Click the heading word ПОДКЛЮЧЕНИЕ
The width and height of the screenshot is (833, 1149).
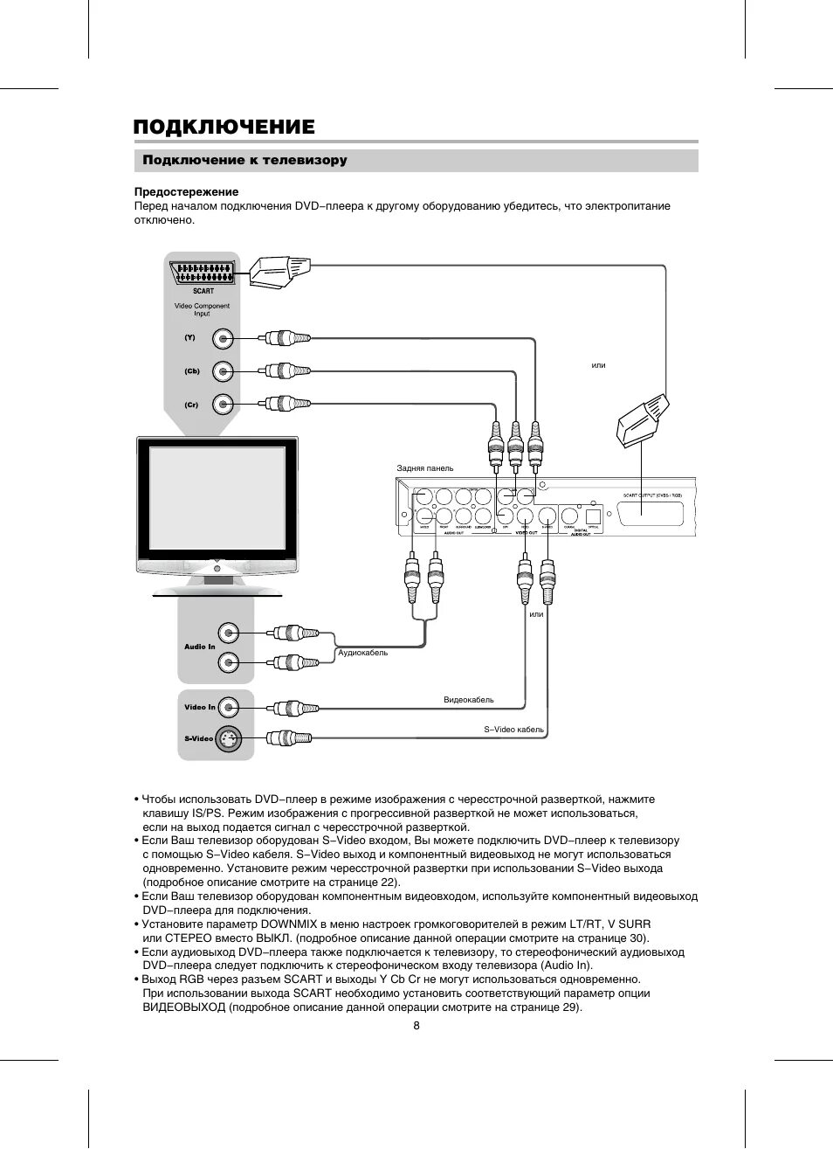[224, 128]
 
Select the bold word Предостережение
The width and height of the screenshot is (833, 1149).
[186, 191]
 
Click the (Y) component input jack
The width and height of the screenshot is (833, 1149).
[224, 338]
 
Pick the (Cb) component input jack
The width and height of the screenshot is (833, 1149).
[224, 371]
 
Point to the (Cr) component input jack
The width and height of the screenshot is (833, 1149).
[224, 404]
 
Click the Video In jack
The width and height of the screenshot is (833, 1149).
[228, 707]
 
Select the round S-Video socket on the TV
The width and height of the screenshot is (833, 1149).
[228, 738]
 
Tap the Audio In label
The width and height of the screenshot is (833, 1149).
[199, 647]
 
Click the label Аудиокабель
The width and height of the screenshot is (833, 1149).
[362, 653]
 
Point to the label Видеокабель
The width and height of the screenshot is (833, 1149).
[468, 700]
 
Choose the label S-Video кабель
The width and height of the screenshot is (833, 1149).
[513, 730]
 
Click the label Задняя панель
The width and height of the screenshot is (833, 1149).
[425, 468]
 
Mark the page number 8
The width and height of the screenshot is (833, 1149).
[416, 1026]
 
